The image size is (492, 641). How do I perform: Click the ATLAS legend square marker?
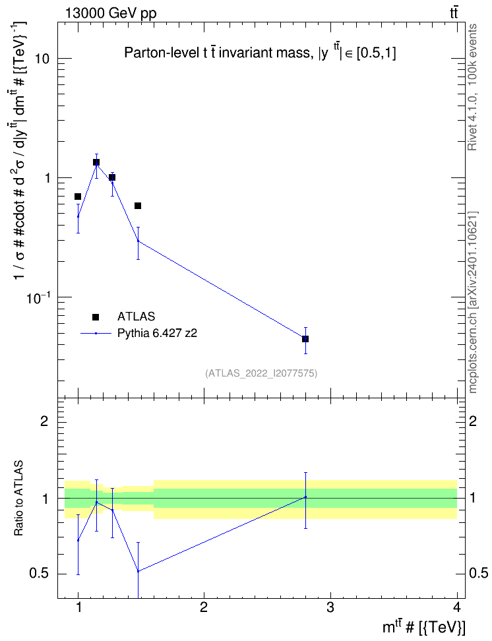pyautogui.click(x=95, y=317)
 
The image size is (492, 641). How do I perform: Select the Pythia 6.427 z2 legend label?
pyautogui.click(x=157, y=333)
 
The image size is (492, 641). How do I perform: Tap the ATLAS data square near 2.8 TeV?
pyautogui.click(x=305, y=339)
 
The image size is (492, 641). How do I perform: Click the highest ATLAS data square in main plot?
pyautogui.click(x=96, y=162)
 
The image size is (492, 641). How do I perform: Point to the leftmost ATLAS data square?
pyautogui.click(x=78, y=197)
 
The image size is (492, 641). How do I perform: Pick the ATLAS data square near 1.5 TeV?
pyautogui.click(x=138, y=206)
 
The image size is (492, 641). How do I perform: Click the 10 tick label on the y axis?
pyautogui.click(x=42, y=59)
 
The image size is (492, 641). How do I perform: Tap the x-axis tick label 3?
pyautogui.click(x=330, y=607)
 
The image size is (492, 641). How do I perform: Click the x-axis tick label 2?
pyautogui.click(x=204, y=607)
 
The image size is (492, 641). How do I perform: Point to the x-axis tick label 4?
pyautogui.click(x=457, y=607)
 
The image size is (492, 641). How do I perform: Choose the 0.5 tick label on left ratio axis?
pyautogui.click(x=39, y=574)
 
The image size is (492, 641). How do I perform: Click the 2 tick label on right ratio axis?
pyautogui.click(x=473, y=421)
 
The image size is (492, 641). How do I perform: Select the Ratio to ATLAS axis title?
pyautogui.click(x=18, y=499)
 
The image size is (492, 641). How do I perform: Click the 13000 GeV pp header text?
pyautogui.click(x=110, y=13)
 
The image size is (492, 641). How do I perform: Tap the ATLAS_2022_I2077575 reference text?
pyautogui.click(x=261, y=373)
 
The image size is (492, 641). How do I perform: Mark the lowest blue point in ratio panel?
pyautogui.click(x=138, y=571)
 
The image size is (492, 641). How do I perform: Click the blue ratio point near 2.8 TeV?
pyautogui.click(x=305, y=497)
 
